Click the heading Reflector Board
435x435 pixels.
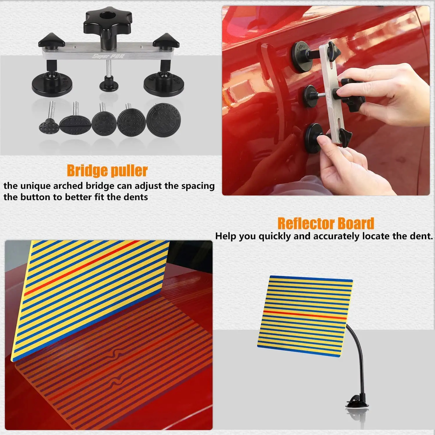click(326, 224)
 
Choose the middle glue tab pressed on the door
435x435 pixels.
click(310, 96)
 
